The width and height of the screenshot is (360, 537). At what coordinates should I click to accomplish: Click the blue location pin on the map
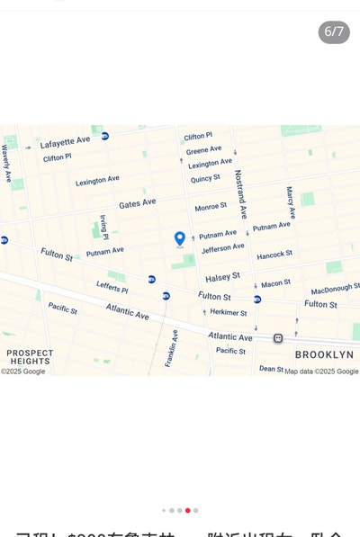click(x=180, y=238)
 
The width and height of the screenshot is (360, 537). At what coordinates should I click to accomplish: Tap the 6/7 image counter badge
click(x=334, y=31)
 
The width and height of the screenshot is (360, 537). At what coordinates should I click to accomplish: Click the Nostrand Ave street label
click(x=240, y=193)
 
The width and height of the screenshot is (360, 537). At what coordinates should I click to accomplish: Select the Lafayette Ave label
click(x=65, y=141)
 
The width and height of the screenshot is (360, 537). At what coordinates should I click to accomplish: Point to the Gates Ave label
click(x=137, y=203)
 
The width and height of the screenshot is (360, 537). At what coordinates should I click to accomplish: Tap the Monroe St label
click(x=211, y=207)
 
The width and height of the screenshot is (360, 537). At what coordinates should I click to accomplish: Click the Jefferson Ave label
click(x=222, y=248)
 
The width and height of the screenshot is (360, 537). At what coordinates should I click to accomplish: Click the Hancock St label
click(x=274, y=255)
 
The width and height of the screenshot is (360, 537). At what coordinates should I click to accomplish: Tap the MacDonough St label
click(x=335, y=290)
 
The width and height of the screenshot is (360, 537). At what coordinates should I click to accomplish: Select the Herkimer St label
click(x=228, y=312)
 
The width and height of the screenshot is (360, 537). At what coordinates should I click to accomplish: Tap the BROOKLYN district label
click(x=324, y=354)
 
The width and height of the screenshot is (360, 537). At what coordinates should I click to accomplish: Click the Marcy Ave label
click(x=290, y=202)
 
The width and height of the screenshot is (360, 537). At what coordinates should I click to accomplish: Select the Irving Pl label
click(x=104, y=227)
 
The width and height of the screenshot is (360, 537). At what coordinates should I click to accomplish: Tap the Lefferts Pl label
click(x=112, y=288)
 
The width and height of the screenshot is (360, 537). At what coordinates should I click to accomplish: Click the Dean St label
click(x=271, y=368)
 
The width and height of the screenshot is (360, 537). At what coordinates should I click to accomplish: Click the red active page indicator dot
click(x=187, y=510)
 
